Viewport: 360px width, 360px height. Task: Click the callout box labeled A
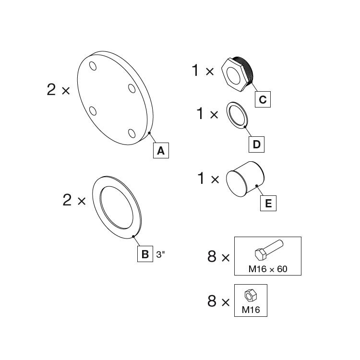tap(161, 151)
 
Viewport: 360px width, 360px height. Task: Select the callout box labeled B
tap(144, 253)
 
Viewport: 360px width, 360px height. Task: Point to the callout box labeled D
tap(256, 144)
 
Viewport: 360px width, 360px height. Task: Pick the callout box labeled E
tap(268, 204)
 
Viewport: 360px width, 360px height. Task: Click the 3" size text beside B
tap(160, 254)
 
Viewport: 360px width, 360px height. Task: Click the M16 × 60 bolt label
tap(267, 269)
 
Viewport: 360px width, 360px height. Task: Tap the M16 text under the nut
tap(251, 310)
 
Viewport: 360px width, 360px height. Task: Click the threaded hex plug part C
tap(237, 73)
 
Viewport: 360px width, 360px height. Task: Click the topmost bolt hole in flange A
tap(93, 66)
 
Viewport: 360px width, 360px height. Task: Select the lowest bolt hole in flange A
tap(131, 133)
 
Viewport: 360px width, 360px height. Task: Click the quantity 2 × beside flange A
tap(59, 89)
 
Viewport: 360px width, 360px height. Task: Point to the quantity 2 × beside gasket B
tap(74, 200)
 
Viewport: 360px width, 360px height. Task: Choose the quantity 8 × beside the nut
tap(219, 301)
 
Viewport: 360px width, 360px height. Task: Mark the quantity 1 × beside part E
tap(208, 179)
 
